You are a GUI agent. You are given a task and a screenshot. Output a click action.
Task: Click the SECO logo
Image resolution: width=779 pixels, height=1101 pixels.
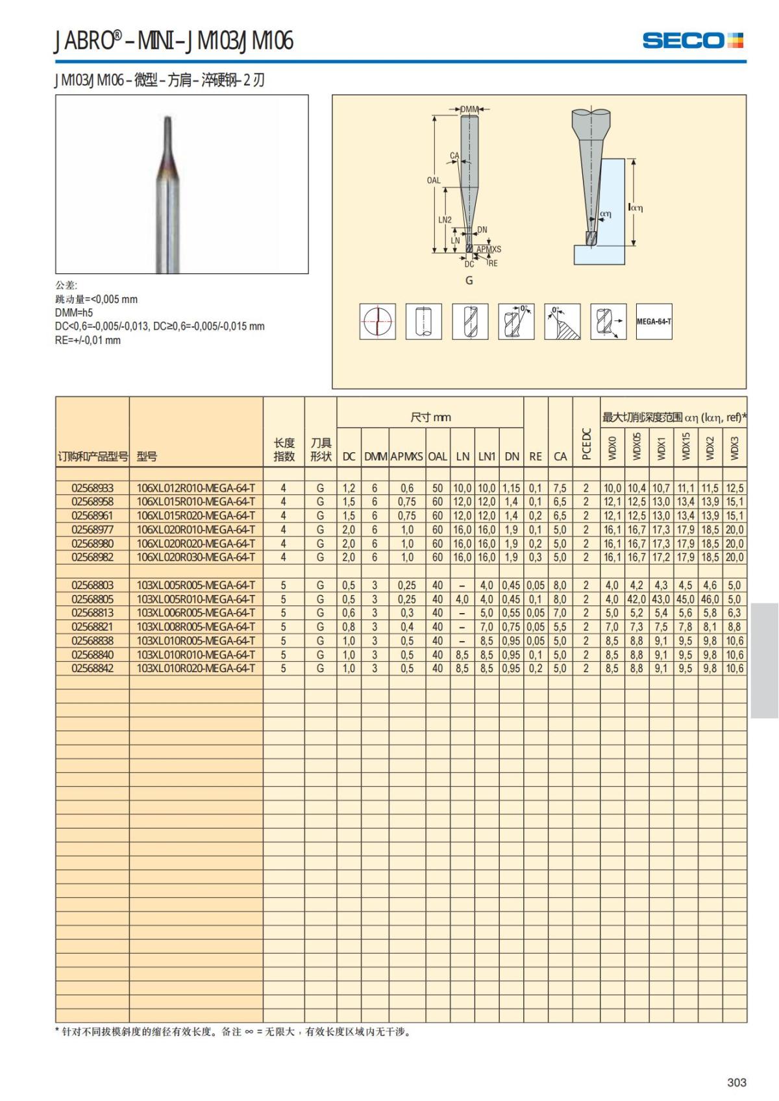[692, 40]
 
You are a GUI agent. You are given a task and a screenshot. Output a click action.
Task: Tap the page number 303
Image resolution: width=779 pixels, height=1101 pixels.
[737, 1082]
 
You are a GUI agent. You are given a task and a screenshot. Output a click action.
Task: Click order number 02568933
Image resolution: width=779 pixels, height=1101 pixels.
[92, 488]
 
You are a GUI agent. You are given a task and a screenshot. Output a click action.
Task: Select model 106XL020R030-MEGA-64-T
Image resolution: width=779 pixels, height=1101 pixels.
[195, 557]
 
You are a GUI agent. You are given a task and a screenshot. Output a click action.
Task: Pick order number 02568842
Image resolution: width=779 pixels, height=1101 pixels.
[92, 668]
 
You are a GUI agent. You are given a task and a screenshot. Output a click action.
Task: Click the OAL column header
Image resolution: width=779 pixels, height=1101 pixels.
[438, 456]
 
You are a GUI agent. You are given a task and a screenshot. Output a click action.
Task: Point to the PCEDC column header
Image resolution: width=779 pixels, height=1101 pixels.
[586, 444]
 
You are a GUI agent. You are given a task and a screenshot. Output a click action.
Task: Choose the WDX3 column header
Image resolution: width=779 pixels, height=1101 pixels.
[734, 448]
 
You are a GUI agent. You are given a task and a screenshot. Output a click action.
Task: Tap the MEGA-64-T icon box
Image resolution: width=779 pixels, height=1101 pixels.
[654, 322]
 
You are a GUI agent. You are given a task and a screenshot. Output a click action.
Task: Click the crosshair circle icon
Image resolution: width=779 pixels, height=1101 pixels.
[378, 322]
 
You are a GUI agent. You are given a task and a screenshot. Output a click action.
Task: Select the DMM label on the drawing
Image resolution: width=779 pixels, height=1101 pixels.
[469, 110]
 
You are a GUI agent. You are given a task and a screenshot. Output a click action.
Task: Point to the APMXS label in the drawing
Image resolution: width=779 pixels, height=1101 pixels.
[489, 249]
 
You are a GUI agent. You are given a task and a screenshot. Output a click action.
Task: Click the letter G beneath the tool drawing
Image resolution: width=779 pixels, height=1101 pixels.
[469, 280]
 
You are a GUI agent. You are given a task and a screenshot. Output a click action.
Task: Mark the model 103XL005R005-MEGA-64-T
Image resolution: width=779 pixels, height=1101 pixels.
[195, 585]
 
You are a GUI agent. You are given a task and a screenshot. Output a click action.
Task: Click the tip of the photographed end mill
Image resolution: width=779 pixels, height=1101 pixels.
[167, 119]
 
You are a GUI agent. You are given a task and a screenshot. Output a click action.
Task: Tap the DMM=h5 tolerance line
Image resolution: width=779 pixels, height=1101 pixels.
[74, 313]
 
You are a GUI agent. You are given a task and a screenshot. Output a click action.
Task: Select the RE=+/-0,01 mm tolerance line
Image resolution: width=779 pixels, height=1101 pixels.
[88, 341]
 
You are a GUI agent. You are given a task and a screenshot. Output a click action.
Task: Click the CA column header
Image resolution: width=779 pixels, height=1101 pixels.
[560, 456]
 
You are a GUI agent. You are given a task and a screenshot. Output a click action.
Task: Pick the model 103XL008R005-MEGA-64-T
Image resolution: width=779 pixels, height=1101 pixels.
[195, 627]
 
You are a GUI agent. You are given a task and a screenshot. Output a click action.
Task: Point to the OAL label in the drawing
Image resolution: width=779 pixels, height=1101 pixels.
[433, 180]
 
